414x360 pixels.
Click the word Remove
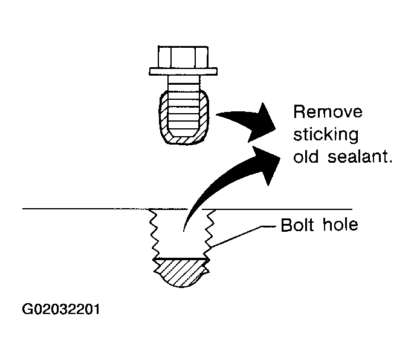tap(328, 111)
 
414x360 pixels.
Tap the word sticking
tap(326, 135)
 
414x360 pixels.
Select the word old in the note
tap(306, 157)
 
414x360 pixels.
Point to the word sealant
tap(360, 157)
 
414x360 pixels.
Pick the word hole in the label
tap(340, 225)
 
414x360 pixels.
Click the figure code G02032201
tap(61, 309)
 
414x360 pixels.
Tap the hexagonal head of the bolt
tap(183, 57)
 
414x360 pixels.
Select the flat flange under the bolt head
tap(183, 71)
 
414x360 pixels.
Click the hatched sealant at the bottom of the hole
tap(181, 272)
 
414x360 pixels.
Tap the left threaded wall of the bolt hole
tap(154, 233)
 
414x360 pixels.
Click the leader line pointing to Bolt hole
tap(243, 235)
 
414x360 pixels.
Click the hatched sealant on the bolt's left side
tap(164, 116)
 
